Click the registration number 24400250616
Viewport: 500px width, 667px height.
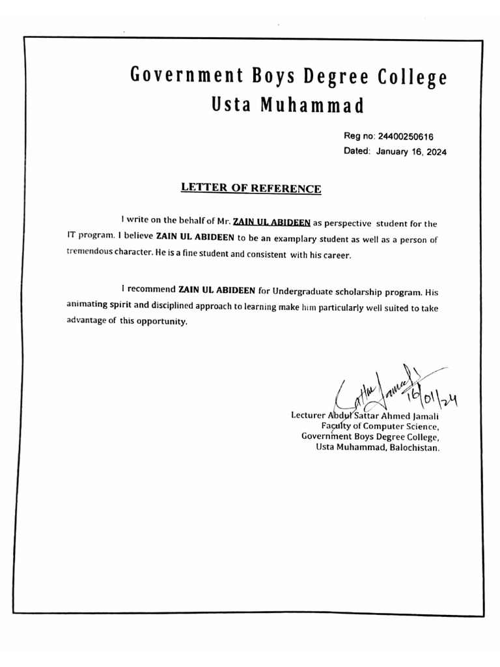point(406,137)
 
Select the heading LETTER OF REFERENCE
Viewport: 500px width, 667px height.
point(251,188)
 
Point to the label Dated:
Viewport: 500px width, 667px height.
point(357,151)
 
